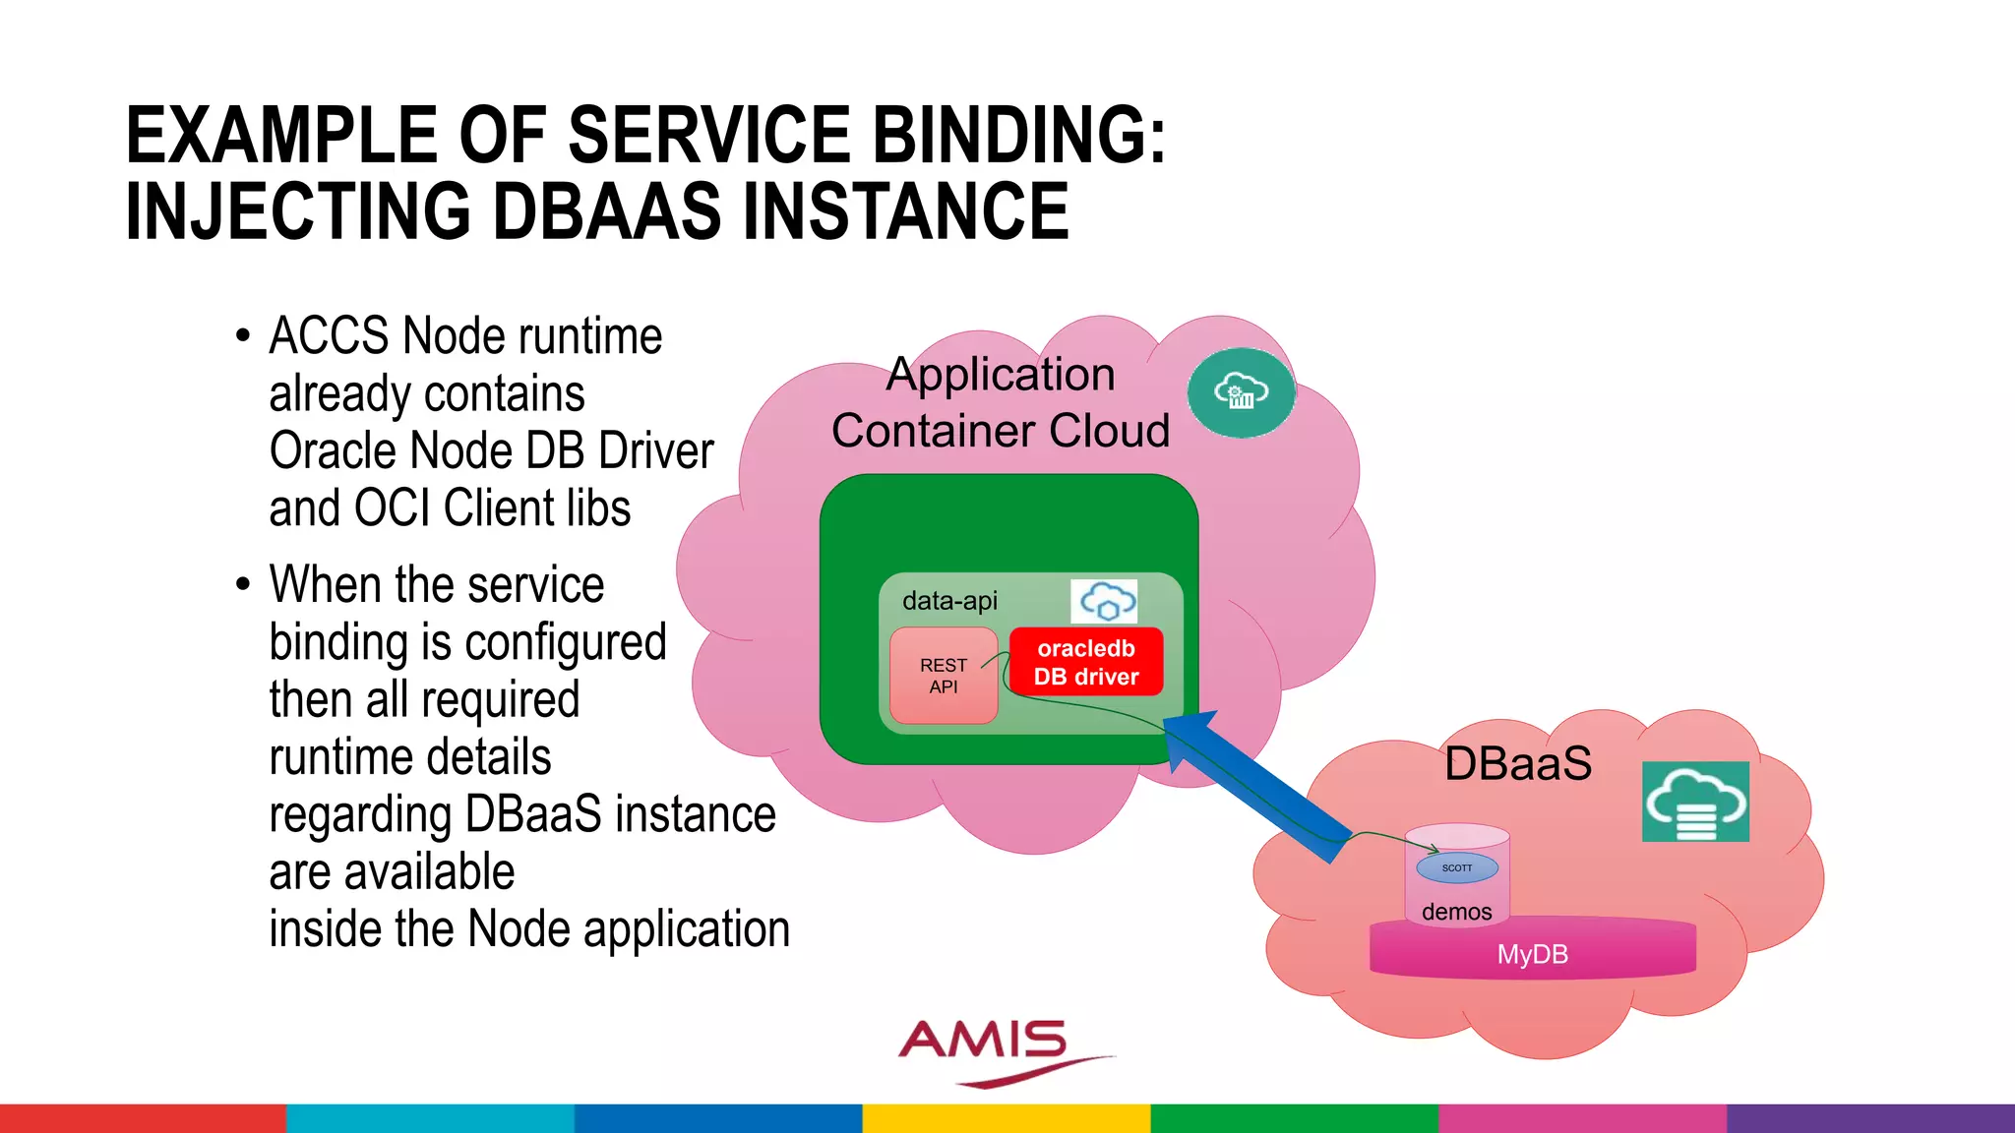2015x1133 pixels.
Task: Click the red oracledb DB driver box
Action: click(x=1086, y=662)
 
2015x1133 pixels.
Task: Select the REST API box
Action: click(x=944, y=677)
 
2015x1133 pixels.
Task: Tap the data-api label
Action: click(x=949, y=600)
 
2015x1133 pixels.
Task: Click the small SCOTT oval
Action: click(x=1457, y=867)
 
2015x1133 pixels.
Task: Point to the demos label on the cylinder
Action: click(x=1456, y=912)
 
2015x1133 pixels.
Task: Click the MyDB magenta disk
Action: click(x=1532, y=953)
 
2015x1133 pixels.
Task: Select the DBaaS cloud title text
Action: click(x=1518, y=763)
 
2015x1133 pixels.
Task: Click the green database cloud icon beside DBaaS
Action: click(x=1695, y=802)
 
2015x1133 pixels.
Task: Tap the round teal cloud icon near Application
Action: click(x=1241, y=392)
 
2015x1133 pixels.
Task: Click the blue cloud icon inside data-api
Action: click(x=1105, y=601)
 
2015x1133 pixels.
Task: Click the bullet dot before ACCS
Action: click(x=243, y=336)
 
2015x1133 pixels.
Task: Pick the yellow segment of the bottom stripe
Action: click(x=1007, y=1118)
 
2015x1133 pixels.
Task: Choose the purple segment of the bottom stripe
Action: click(x=1869, y=1118)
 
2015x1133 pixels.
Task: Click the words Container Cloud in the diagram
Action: click(x=1001, y=431)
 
